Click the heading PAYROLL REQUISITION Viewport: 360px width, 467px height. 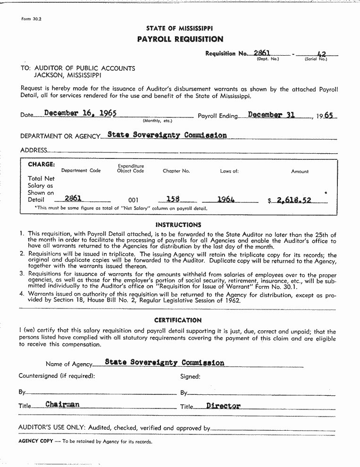point(180,39)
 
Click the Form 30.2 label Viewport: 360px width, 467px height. point(32,19)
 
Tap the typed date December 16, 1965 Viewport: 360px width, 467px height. point(80,113)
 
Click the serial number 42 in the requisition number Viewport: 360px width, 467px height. point(322,54)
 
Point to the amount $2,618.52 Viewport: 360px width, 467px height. point(293,200)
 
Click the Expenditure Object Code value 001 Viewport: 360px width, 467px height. point(134,200)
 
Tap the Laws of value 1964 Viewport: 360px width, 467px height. point(226,199)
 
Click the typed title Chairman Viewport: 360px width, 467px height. point(62,404)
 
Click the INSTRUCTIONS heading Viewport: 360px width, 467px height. point(178,225)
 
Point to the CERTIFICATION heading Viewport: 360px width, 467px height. point(178,320)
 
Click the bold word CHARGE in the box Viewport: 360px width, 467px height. point(42,165)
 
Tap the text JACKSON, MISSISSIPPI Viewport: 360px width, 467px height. point(67,75)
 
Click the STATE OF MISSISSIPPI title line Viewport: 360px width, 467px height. point(179,28)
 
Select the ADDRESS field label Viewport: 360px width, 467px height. point(33,150)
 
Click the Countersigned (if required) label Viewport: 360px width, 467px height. point(57,376)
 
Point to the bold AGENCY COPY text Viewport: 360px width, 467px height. point(35,442)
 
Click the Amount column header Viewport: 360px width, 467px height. point(300,171)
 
